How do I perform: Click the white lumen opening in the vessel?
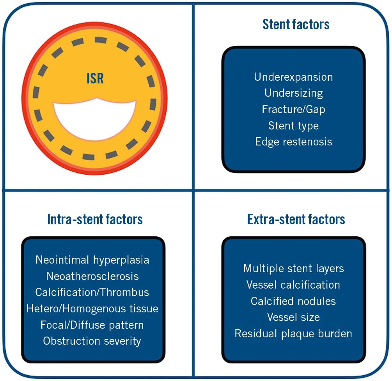(x=95, y=118)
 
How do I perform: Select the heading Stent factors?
(x=296, y=25)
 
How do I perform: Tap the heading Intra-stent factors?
(x=95, y=220)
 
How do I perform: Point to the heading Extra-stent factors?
(x=296, y=220)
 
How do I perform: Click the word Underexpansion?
(x=293, y=77)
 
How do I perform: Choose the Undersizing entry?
(x=293, y=93)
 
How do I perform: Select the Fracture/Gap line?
(x=293, y=109)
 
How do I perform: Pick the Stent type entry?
(x=293, y=126)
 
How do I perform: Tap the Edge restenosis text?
(x=293, y=142)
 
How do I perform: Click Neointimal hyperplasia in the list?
(x=92, y=260)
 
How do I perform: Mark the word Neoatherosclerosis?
(x=92, y=276)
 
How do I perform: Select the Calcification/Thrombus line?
(x=92, y=292)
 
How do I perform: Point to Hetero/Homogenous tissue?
(x=92, y=308)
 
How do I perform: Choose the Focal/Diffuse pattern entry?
(x=92, y=324)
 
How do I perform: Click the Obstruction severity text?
(x=92, y=341)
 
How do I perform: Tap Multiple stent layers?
(x=293, y=268)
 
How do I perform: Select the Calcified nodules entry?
(x=293, y=301)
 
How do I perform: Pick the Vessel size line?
(x=293, y=317)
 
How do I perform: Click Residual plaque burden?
(x=293, y=333)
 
